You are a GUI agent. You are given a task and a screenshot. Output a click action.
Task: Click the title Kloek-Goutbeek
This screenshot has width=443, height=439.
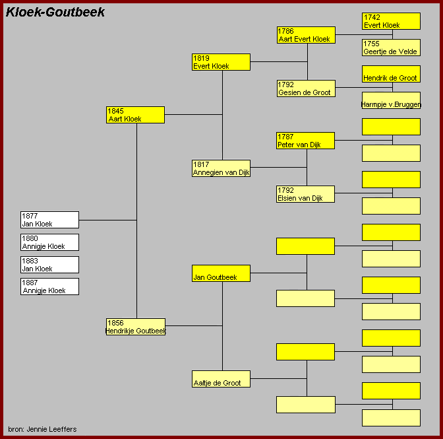[x=55, y=13]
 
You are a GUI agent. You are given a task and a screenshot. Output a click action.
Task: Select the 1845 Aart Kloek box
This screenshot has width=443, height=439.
[x=135, y=115]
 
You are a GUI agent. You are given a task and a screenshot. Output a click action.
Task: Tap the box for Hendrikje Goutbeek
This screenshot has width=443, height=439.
[x=135, y=327]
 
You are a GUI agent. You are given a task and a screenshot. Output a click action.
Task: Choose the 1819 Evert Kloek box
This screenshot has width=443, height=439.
[x=221, y=62]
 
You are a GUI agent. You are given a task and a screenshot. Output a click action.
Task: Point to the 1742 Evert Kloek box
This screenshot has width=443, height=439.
[x=391, y=21]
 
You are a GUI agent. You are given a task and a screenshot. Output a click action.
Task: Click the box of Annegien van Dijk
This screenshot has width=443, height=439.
[x=221, y=168]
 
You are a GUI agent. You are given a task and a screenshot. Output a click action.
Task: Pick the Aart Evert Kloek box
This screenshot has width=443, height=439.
[x=306, y=35]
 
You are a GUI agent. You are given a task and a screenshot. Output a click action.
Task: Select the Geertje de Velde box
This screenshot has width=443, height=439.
[x=391, y=48]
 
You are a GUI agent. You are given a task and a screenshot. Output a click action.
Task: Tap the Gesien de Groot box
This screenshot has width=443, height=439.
[x=306, y=88]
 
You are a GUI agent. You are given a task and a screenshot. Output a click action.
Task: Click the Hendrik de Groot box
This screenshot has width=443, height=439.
[x=391, y=74]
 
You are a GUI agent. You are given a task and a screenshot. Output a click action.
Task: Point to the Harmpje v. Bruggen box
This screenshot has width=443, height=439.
[x=391, y=100]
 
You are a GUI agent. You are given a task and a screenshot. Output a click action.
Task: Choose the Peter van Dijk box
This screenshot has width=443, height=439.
[x=306, y=141]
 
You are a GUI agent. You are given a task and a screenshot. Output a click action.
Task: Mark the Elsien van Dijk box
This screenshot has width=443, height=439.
[x=306, y=194]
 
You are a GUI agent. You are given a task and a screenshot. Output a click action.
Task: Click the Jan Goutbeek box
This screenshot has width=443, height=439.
[x=221, y=273]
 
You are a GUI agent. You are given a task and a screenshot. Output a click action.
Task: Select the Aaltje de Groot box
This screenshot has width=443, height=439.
[x=221, y=379]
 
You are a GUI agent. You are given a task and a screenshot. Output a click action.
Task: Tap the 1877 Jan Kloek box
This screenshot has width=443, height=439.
[x=49, y=220]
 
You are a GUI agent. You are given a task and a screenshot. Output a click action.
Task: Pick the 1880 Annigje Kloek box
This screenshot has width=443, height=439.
[x=49, y=242]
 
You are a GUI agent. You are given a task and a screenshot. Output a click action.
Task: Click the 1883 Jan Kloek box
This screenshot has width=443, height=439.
[x=49, y=265]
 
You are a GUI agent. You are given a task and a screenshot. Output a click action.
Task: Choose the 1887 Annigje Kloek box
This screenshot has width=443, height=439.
[x=49, y=287]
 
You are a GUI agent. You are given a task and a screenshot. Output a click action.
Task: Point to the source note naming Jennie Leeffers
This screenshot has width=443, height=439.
[x=42, y=430]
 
